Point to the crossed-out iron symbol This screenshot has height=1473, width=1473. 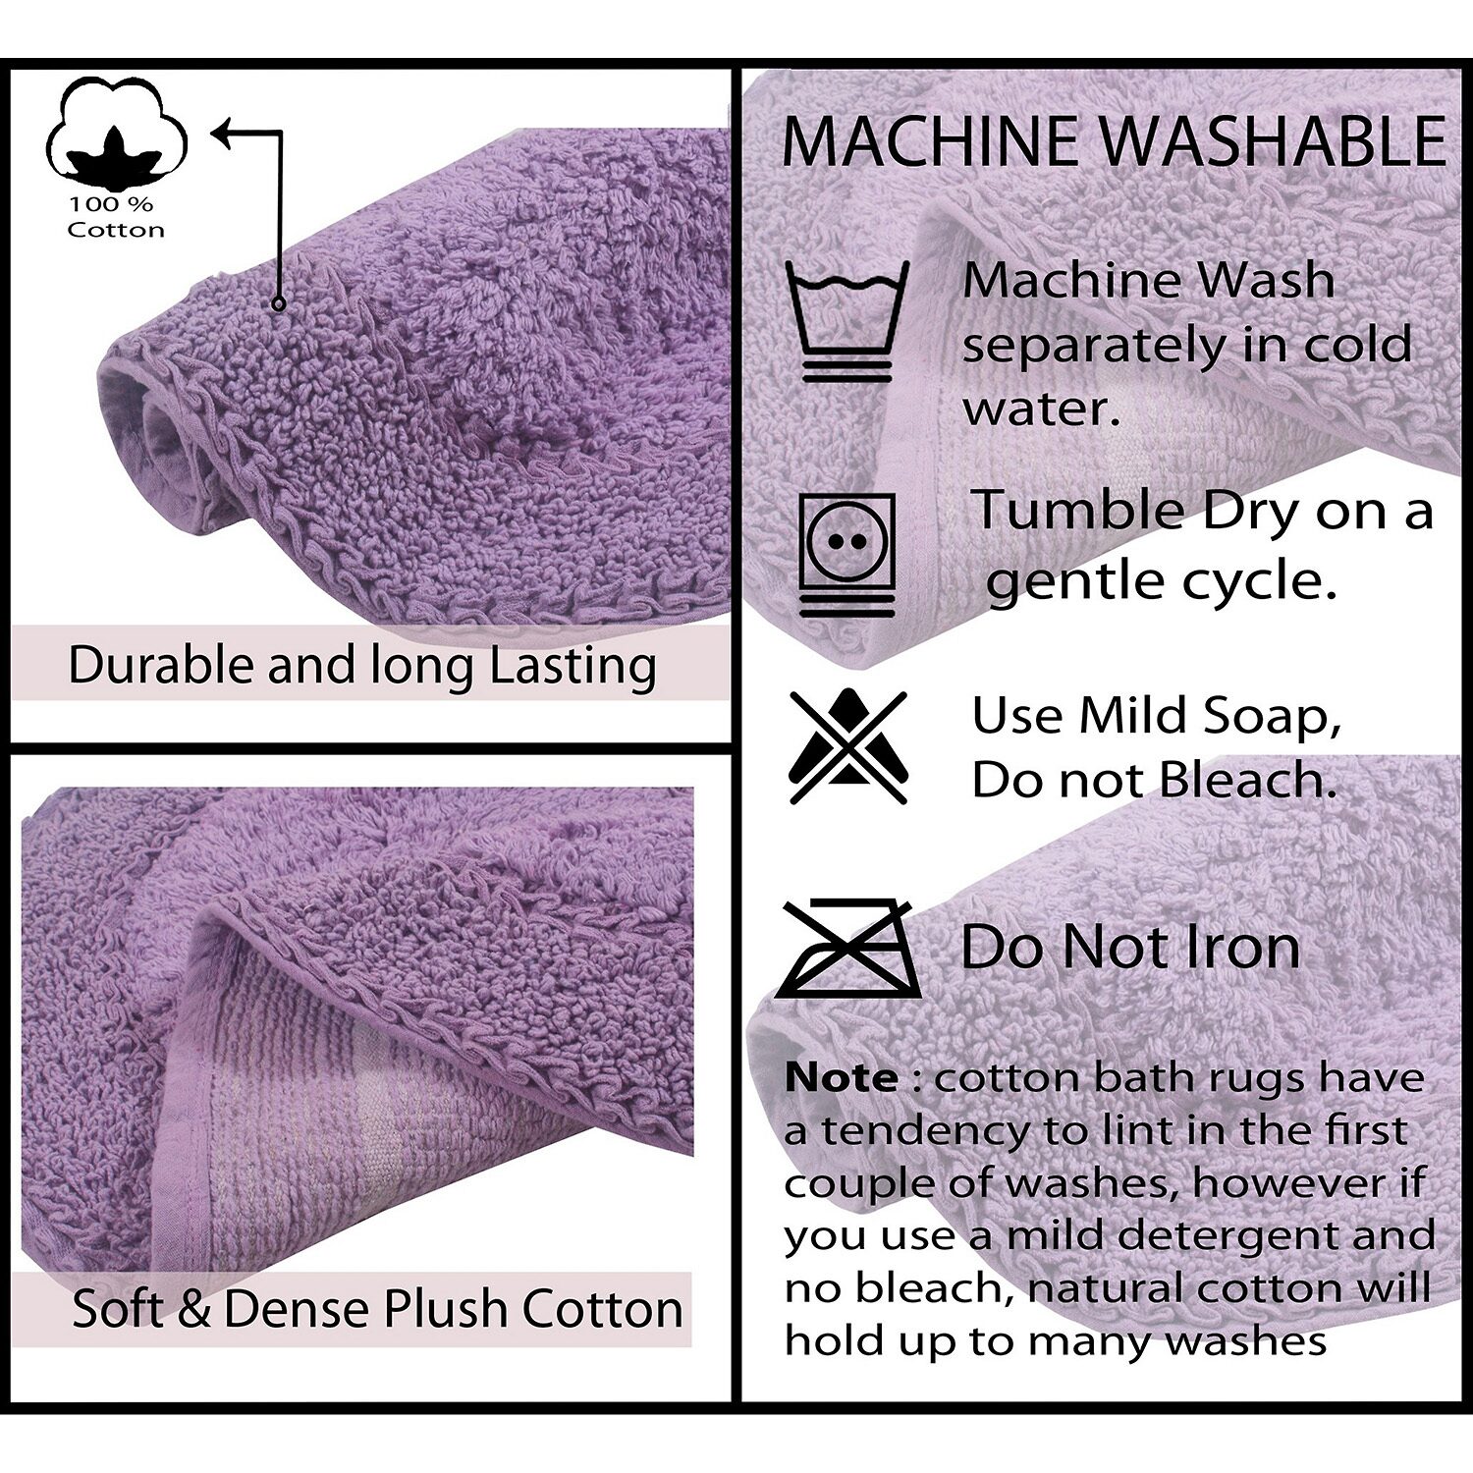847,949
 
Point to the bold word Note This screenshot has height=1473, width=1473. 841,1078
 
